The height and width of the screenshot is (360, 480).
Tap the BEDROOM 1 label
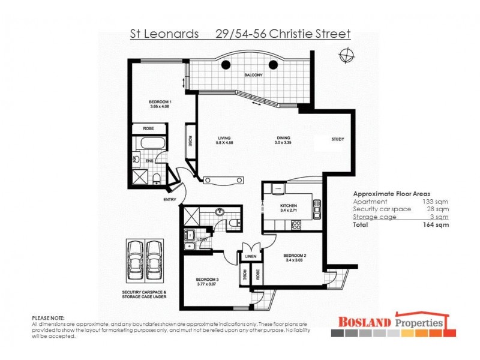coord(160,102)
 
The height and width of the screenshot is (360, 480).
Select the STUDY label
coord(338,140)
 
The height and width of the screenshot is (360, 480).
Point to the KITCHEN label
coord(289,205)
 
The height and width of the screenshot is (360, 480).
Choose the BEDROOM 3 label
coord(206,280)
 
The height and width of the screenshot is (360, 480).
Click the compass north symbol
coord(346,56)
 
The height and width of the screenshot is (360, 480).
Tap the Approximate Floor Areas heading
coord(391,194)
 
